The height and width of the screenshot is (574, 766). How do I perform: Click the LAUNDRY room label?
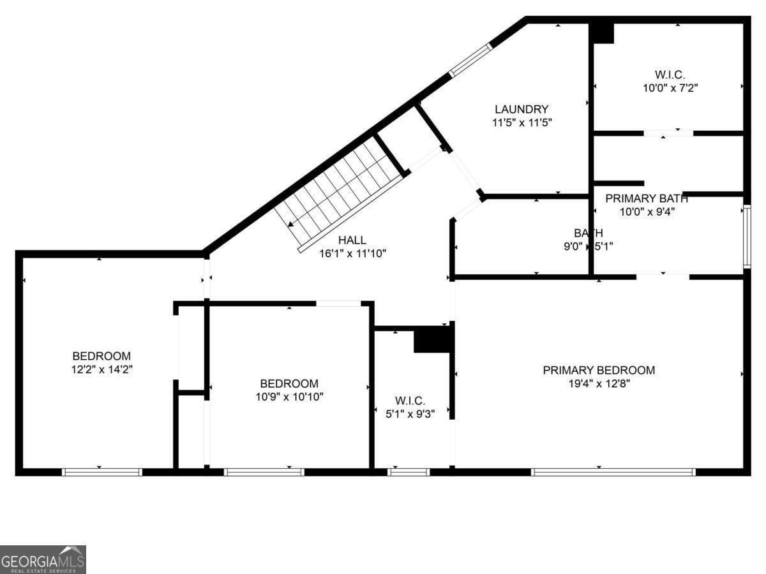pos(521,109)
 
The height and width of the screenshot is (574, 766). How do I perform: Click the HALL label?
pos(352,240)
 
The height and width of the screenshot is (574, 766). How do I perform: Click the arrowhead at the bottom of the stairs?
pos(290,224)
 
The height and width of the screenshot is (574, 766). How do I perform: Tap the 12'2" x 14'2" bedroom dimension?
pos(101,369)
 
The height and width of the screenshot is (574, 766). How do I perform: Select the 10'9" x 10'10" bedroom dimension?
pos(289,397)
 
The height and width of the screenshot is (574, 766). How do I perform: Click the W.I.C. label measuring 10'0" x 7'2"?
pos(670,75)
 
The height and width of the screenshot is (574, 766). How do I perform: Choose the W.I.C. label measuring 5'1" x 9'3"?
pos(410,401)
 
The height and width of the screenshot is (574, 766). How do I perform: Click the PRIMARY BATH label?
pos(647,198)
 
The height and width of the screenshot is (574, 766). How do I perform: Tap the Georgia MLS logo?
pos(43,559)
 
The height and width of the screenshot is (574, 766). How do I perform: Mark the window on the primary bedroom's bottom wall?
pos(613,472)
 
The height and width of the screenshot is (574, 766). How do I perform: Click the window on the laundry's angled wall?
pos(470,61)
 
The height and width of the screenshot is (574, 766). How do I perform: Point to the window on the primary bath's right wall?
pos(746,236)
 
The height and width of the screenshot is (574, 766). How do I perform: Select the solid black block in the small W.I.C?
pos(433,339)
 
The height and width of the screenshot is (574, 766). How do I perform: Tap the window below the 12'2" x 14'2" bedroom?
pos(101,472)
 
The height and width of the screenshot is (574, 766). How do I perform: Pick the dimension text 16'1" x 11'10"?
pos(352,253)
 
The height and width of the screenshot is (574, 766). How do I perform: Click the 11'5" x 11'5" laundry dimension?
pos(521,122)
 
